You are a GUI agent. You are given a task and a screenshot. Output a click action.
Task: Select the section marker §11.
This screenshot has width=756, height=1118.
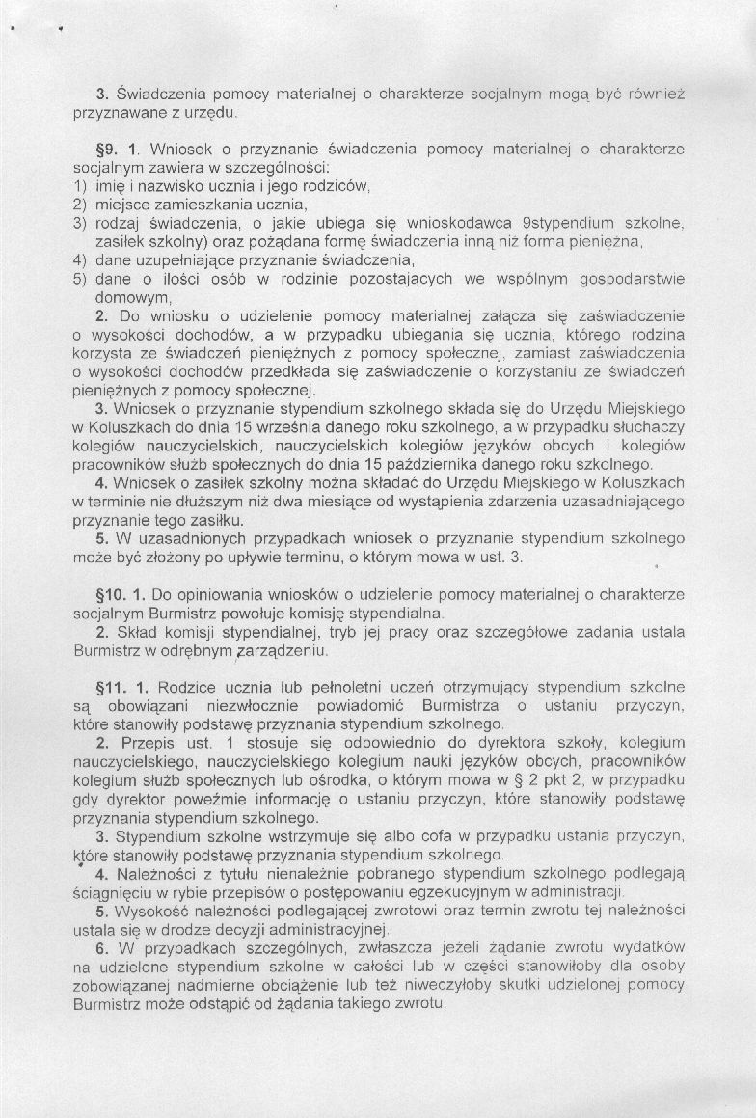[x=110, y=687]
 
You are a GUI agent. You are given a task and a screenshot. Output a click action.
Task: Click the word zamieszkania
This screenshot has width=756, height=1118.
[x=194, y=205]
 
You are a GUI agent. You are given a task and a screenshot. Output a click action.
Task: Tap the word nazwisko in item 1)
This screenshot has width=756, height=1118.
[x=171, y=186]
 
